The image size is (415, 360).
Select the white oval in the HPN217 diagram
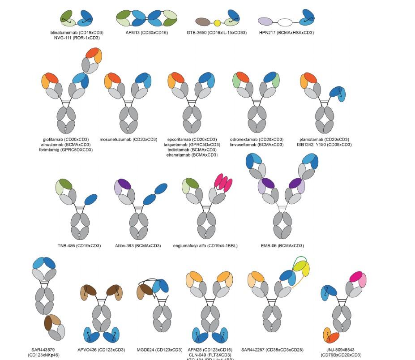tap(285, 22)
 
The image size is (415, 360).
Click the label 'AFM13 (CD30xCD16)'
tap(147, 33)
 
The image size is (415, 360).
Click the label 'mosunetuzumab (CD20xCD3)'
tap(128, 139)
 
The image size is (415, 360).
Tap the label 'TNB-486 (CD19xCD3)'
tap(79, 246)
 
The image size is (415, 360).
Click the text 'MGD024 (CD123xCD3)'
tap(159, 350)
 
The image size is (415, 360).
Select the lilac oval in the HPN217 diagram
tap(266, 21)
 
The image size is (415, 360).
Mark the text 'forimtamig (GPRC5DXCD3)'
tap(66, 150)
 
